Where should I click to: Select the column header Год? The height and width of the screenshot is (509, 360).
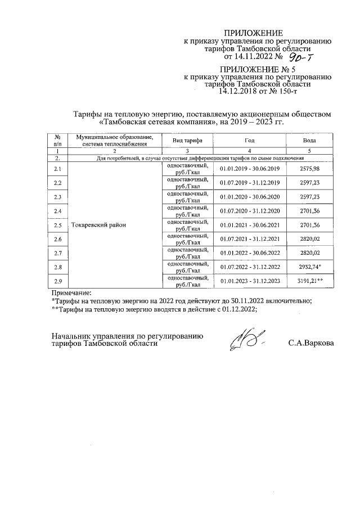click(250, 139)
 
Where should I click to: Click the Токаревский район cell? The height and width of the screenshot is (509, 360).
click(96, 225)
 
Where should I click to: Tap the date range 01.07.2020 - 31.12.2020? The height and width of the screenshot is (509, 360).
click(250, 211)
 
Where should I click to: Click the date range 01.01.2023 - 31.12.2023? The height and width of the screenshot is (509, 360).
click(250, 281)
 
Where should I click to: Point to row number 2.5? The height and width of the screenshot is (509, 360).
click(57, 225)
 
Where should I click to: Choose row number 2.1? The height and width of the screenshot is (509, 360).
click(57, 169)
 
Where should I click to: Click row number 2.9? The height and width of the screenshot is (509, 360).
click(57, 281)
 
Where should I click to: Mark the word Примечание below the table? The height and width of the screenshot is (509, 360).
click(71, 292)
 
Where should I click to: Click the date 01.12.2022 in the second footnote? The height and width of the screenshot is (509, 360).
click(236, 310)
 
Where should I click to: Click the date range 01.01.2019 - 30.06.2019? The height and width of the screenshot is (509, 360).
click(250, 169)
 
